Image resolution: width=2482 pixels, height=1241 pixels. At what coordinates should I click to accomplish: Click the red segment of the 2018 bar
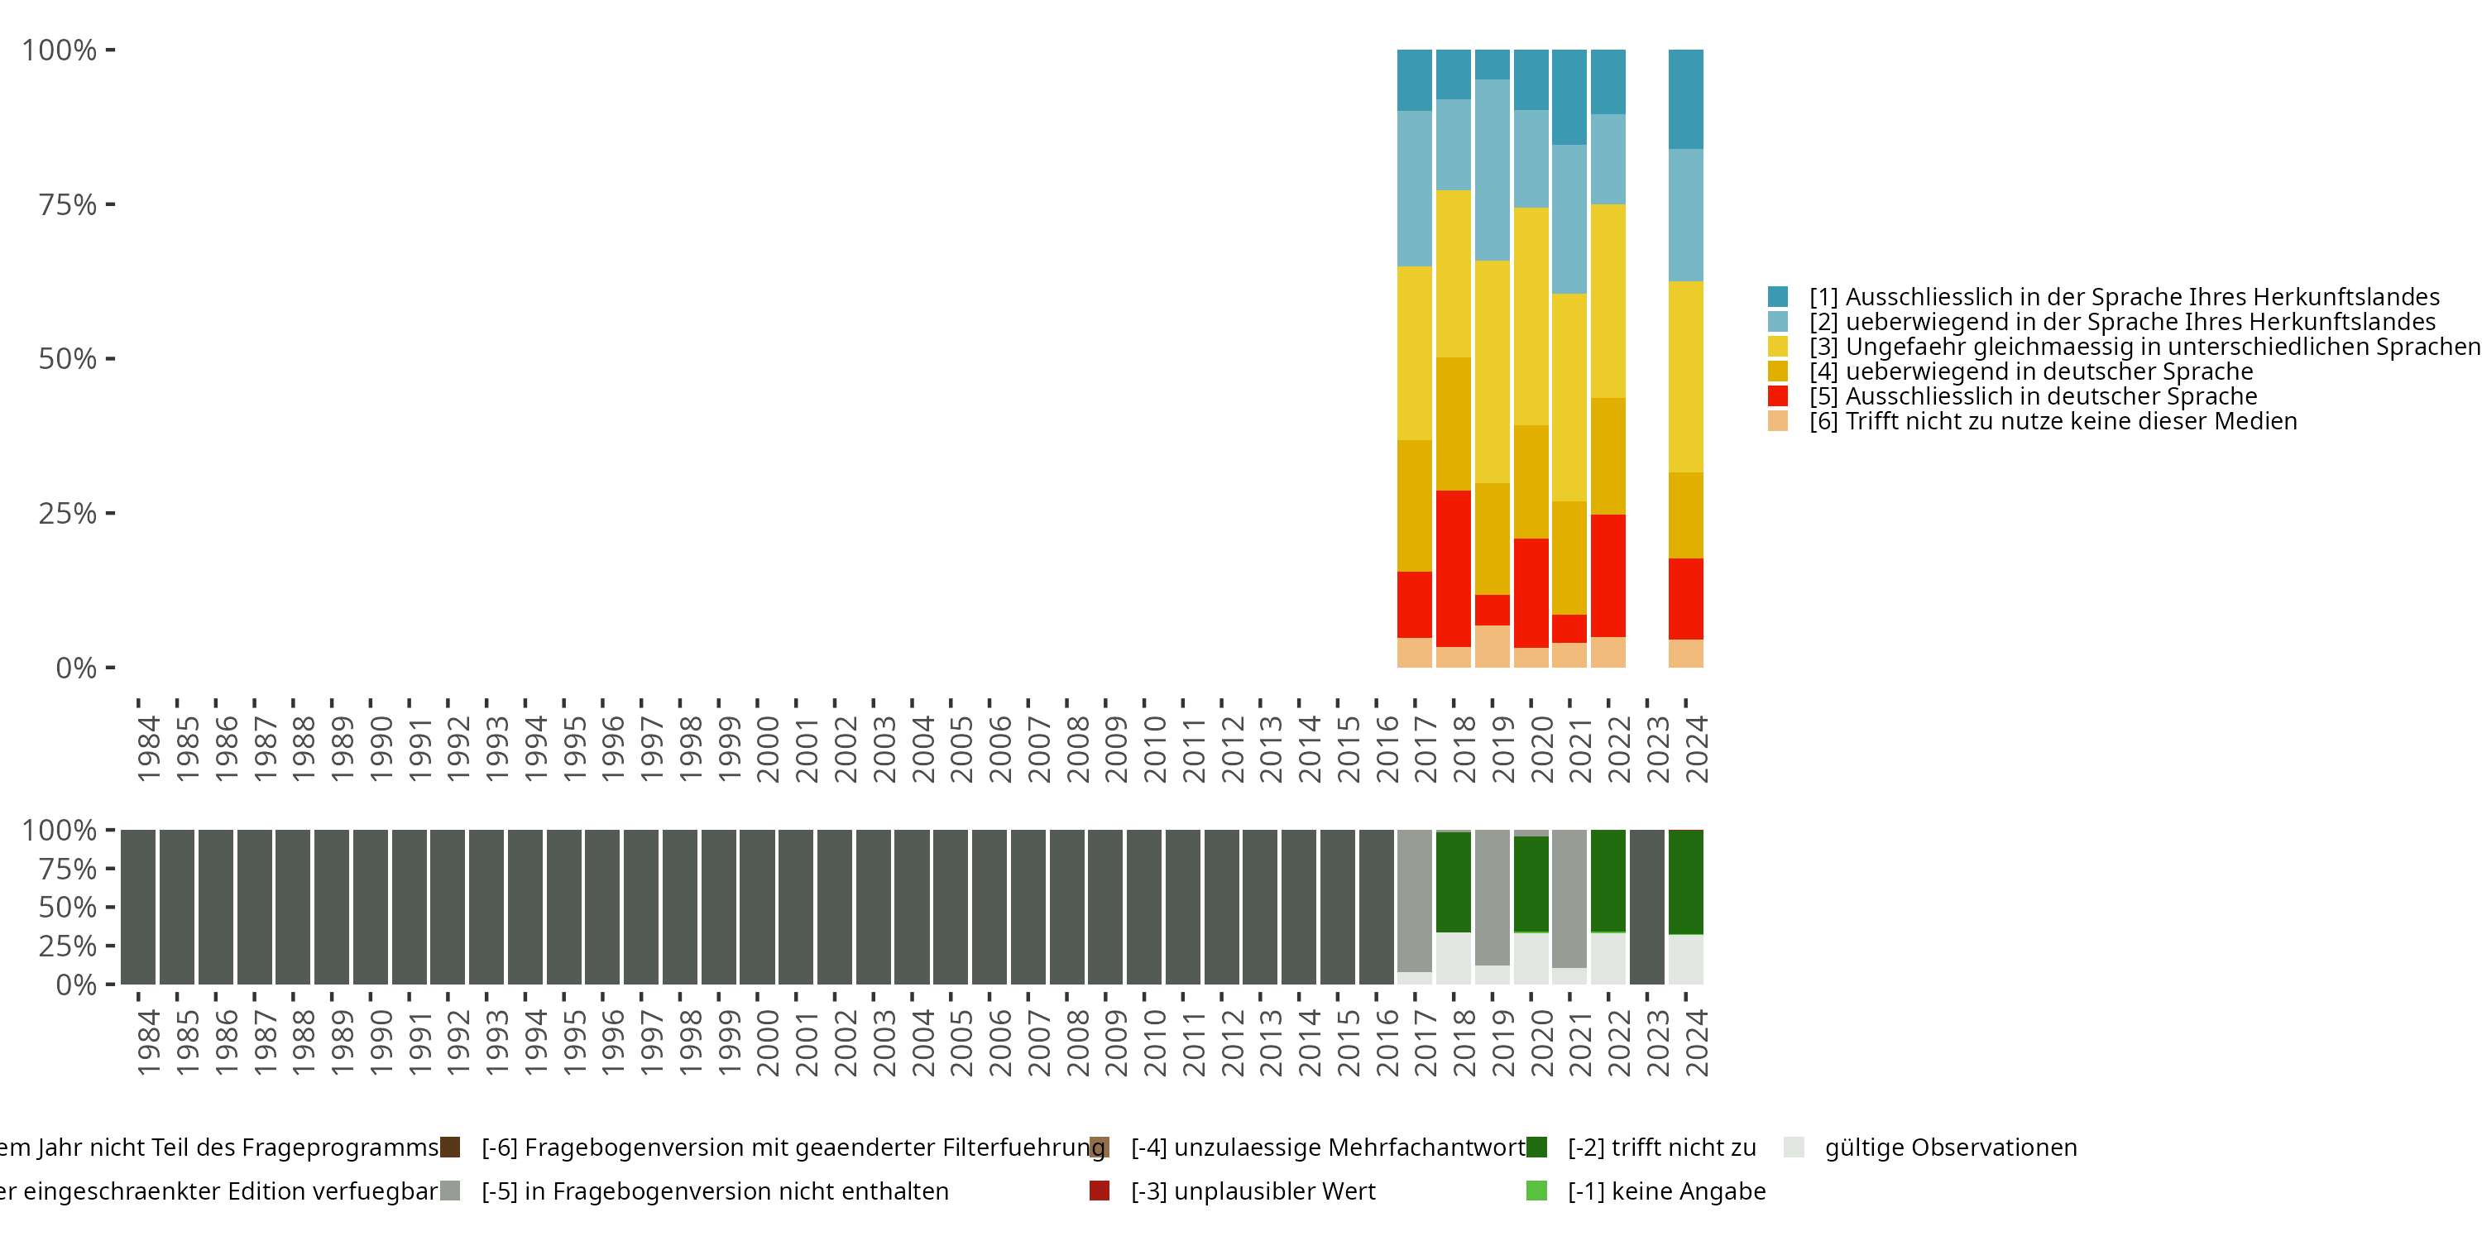point(1453,568)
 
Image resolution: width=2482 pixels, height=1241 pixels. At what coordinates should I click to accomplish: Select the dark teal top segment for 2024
point(1685,98)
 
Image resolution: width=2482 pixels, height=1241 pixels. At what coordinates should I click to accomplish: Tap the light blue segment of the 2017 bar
point(1415,188)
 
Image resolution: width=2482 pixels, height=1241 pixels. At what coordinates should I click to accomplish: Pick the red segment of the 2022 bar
point(1608,575)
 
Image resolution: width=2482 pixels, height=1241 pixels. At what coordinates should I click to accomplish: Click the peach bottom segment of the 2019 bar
point(1493,646)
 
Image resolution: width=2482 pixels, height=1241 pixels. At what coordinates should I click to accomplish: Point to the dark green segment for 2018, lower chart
point(1453,882)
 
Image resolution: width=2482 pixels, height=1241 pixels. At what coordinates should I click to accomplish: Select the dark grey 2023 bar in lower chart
point(1646,907)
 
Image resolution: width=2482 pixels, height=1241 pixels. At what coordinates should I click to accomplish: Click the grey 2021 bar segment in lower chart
point(1569,898)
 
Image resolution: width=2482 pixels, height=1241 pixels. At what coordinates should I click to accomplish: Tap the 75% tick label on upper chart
point(68,204)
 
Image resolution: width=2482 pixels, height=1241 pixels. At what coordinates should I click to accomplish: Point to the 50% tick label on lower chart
point(68,907)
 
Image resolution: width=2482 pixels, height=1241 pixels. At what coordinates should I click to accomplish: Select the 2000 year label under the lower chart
point(767,1042)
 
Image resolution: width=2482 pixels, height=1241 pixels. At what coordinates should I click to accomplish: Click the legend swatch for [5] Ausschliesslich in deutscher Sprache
point(1778,396)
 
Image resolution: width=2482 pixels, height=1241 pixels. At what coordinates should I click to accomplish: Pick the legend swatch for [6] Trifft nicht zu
point(1778,421)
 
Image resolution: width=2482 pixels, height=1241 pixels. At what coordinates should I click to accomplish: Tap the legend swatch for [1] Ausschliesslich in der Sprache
point(1778,297)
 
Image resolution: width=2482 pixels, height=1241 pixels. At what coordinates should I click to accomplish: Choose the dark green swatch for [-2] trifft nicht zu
point(1537,1147)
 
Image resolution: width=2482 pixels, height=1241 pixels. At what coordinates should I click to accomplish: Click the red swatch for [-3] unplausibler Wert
point(1100,1191)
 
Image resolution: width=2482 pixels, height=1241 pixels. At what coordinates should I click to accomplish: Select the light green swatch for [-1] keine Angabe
point(1537,1191)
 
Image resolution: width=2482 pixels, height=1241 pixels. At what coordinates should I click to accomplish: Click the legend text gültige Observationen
point(1950,1147)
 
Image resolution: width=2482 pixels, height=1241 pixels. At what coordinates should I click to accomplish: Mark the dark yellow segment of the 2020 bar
point(1531,482)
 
